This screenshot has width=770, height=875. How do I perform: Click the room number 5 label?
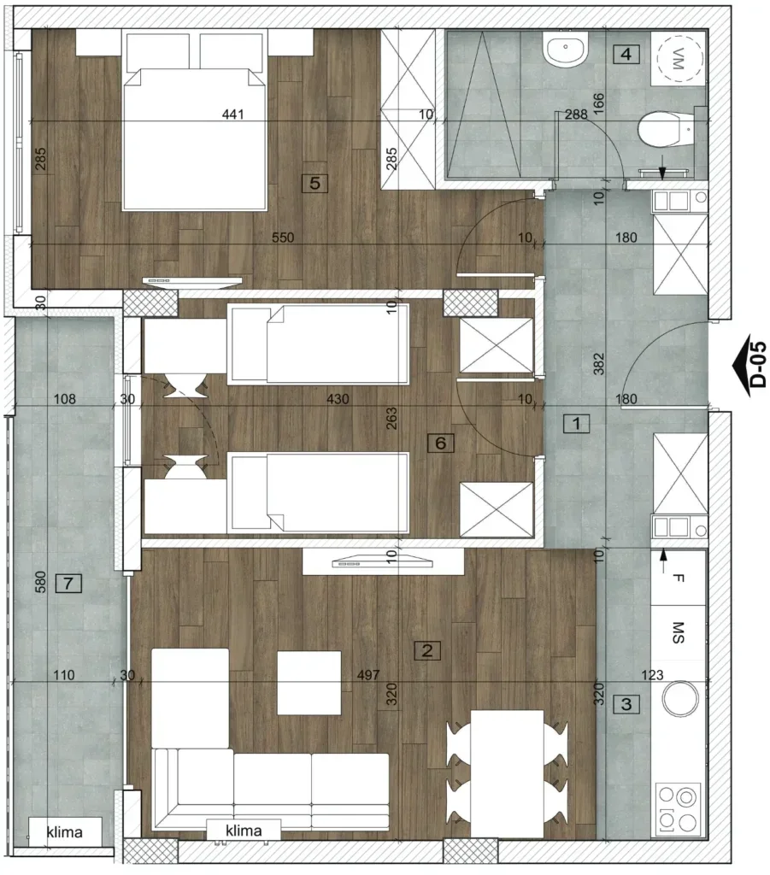click(x=314, y=183)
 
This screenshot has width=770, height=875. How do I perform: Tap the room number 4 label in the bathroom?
click(x=626, y=54)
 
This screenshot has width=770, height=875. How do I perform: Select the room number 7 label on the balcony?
click(x=68, y=584)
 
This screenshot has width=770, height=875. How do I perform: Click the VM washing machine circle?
click(x=679, y=59)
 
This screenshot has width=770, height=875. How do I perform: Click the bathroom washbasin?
click(x=565, y=48)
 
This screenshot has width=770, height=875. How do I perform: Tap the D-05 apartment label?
click(x=758, y=364)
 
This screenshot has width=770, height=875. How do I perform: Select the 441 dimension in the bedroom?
click(x=232, y=114)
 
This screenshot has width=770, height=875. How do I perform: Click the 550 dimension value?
click(x=283, y=238)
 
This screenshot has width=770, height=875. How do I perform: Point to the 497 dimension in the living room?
click(x=368, y=675)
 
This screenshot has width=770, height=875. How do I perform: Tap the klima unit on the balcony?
click(x=65, y=832)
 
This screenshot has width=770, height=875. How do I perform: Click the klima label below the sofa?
click(x=244, y=831)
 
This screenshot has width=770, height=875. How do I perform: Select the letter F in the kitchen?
click(x=678, y=578)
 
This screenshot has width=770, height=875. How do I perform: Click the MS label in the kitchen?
click(x=678, y=632)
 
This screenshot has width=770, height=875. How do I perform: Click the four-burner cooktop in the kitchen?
click(x=678, y=809)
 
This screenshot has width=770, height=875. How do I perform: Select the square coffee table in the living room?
click(x=309, y=683)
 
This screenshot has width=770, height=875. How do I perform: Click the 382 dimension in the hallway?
click(x=598, y=363)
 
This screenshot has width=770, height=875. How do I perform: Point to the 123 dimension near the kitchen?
click(x=652, y=675)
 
